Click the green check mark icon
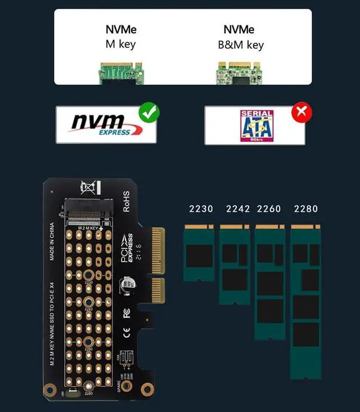click(x=149, y=113)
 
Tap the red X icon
click(x=301, y=113)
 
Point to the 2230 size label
click(x=201, y=209)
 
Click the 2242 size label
click(x=238, y=209)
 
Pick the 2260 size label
click(x=269, y=209)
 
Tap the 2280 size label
click(x=306, y=209)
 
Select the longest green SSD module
click(x=305, y=301)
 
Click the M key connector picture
click(x=120, y=73)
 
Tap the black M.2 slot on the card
click(x=87, y=209)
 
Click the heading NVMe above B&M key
click(x=238, y=30)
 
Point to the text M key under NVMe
click(x=120, y=44)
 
